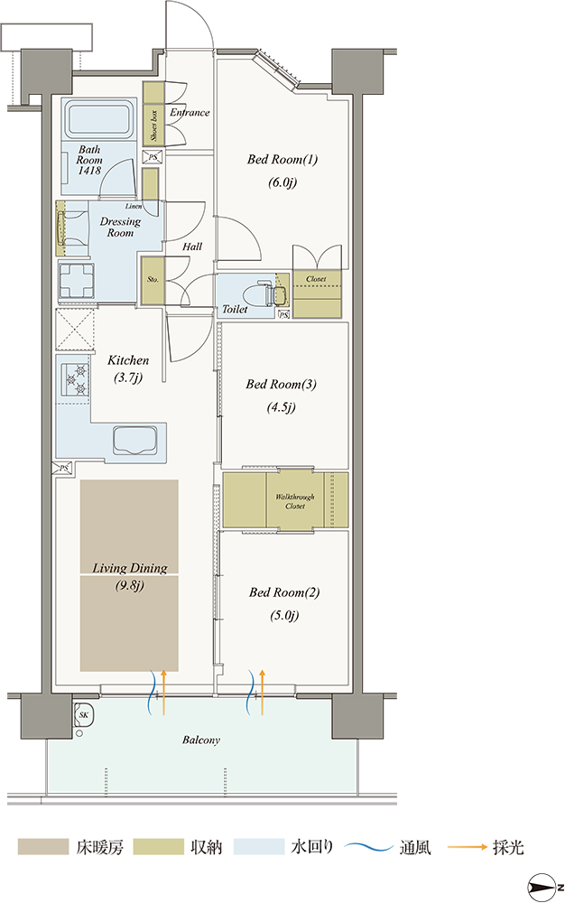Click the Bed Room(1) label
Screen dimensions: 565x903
[x=282, y=160]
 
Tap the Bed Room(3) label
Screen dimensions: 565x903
[x=281, y=384]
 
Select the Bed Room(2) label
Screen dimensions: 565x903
[x=284, y=592]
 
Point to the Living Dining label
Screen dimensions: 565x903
[x=130, y=568]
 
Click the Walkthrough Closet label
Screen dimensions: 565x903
[x=294, y=501]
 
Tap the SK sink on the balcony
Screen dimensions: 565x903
[x=84, y=717]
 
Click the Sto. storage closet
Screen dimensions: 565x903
[x=153, y=280]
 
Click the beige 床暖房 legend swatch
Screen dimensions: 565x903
[x=43, y=847]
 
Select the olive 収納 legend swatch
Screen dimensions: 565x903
[x=158, y=847]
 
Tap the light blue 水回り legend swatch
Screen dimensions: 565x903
[x=259, y=847]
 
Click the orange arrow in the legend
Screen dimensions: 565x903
[x=468, y=847]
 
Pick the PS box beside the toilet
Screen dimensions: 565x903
[x=283, y=314]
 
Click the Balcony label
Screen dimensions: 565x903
[x=201, y=740]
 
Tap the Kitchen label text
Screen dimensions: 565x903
[x=128, y=360]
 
